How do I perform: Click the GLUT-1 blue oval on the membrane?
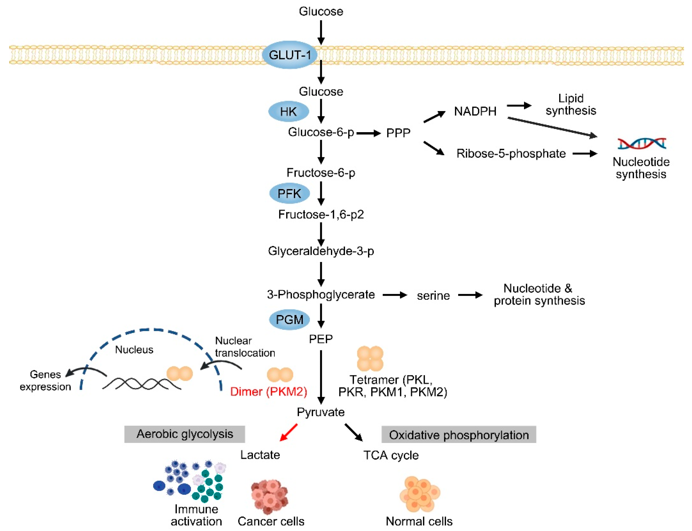289,55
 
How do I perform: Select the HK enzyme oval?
288,112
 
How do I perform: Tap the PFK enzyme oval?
289,193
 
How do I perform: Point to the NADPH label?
475,111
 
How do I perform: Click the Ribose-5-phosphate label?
511,154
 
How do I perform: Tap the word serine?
433,296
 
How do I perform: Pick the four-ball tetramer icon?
370,358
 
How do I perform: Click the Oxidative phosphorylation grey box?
458,435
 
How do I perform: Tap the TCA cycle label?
391,455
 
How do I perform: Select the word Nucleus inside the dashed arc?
134,350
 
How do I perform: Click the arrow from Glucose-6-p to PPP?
368,133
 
